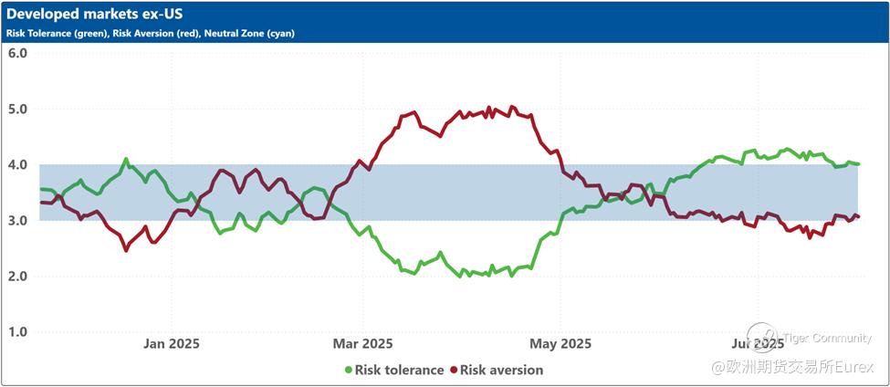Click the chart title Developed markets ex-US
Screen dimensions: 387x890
click(x=92, y=16)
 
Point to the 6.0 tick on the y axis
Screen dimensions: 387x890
click(x=17, y=52)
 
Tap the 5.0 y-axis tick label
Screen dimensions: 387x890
click(x=17, y=109)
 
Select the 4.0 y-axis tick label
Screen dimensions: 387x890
click(x=17, y=164)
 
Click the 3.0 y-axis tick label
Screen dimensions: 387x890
click(x=17, y=220)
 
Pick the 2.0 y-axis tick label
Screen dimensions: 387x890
click(x=17, y=276)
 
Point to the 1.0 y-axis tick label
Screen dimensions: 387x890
click(x=17, y=331)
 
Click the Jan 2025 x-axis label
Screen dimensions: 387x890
click(x=172, y=344)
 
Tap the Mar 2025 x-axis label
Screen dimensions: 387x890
click(x=362, y=344)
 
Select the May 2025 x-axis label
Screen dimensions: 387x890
click(x=560, y=344)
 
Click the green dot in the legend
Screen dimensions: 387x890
click(x=348, y=370)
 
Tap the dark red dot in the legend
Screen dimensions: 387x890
click(x=453, y=370)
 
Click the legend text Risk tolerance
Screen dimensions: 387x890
click(x=399, y=370)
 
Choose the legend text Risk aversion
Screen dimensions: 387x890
click(x=501, y=370)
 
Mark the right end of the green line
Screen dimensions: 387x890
click(x=858, y=163)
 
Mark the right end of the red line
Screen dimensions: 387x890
click(x=858, y=216)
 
